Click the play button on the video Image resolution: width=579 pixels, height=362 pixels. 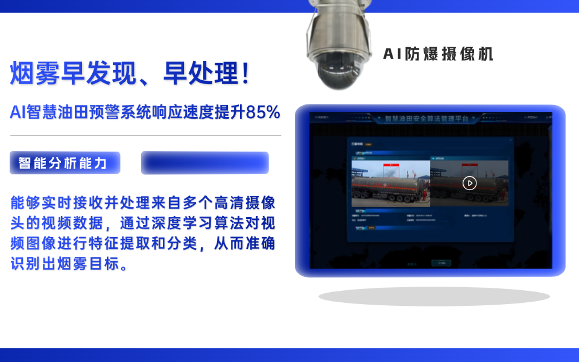pos(470,183)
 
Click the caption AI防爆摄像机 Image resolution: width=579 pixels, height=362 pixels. pos(438,54)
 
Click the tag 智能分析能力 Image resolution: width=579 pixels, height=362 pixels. pos(65,163)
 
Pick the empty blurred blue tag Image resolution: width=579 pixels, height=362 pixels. pos(205,163)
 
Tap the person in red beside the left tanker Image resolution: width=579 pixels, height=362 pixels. pos(423,197)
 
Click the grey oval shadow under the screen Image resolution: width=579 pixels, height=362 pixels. pos(434,296)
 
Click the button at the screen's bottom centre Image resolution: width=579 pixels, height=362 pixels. pos(441,263)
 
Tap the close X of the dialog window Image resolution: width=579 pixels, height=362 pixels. pos(510,141)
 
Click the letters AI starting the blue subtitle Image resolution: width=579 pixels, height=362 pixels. pos(17,112)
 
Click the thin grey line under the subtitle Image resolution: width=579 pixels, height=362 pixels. pos(145,136)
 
